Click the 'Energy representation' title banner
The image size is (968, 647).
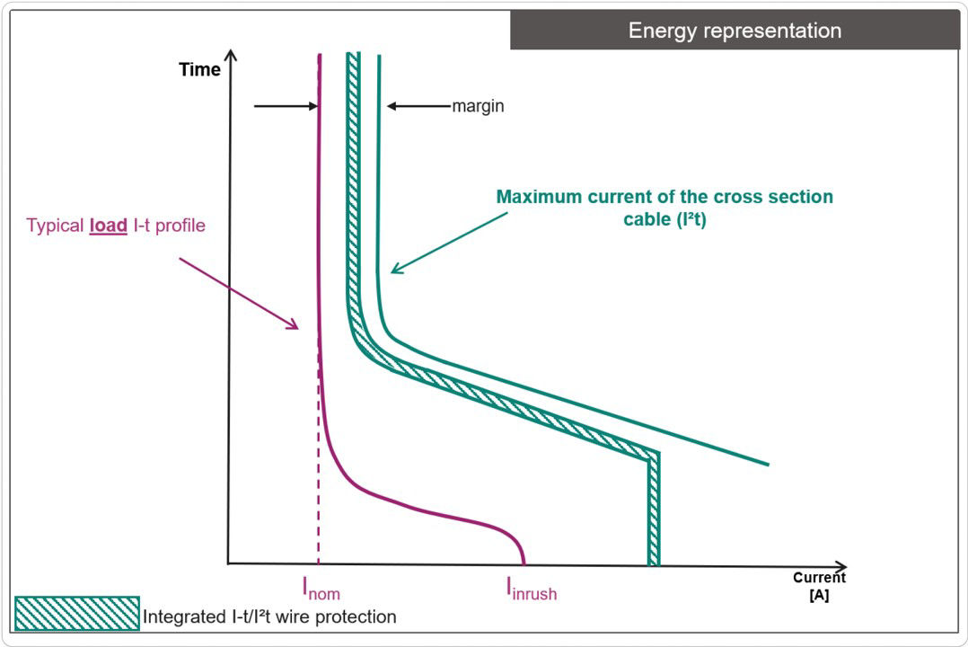point(735,31)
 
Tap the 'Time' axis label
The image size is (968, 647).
point(199,70)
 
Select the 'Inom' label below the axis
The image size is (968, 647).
point(321,589)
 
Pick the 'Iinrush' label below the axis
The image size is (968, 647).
point(531,589)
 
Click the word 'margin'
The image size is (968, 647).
point(478,106)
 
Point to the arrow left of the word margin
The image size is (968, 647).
point(418,106)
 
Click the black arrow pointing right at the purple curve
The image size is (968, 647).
point(286,106)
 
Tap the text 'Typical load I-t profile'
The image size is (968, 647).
point(116,226)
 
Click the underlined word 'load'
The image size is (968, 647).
point(108,226)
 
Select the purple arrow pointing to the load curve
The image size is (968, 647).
point(238,293)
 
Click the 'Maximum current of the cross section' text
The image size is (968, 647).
point(664,197)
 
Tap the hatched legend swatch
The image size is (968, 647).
point(77,614)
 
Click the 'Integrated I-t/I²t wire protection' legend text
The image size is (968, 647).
point(269,617)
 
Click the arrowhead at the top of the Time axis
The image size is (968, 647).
point(231,56)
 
